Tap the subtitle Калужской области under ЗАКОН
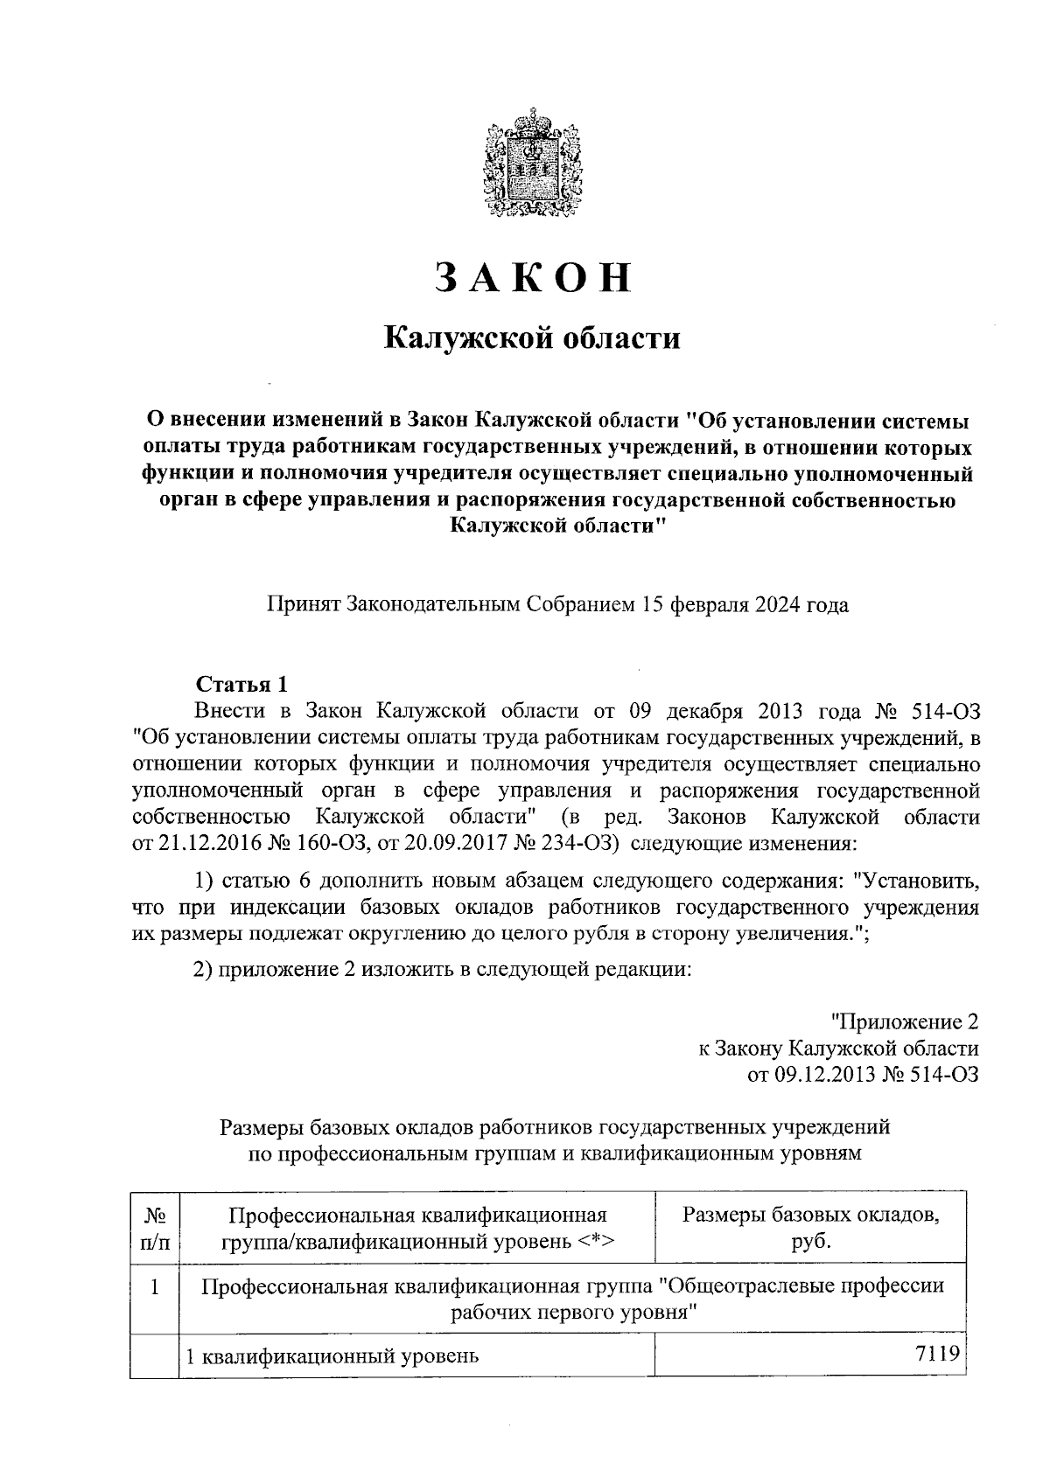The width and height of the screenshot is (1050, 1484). pos(534,338)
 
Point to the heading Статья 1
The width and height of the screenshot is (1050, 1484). pos(241,683)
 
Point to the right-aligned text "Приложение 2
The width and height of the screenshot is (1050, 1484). pos(903,1021)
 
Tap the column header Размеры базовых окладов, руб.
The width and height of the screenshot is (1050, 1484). pos(810,1228)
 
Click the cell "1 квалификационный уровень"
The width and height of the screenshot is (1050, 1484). pos(334,1357)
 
